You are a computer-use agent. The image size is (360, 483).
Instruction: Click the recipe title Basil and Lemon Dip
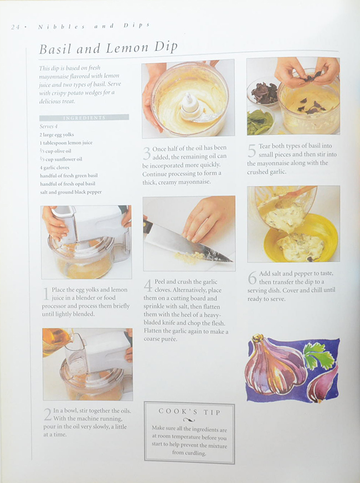109,48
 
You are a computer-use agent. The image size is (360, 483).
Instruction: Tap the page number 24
15,27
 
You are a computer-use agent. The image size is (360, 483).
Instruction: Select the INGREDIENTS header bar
84,117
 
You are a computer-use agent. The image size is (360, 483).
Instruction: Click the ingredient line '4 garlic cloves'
54,168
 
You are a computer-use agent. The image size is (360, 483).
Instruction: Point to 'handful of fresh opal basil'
68,184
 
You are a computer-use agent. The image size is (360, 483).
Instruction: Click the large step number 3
147,153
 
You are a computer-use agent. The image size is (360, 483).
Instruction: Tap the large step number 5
251,151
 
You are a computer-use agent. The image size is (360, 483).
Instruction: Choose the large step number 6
252,278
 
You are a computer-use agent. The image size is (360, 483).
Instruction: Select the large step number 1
46,294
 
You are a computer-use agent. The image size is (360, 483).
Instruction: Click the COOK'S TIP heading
189,412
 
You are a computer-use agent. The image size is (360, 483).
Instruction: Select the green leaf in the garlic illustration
318,355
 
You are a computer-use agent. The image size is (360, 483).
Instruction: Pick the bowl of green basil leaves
260,121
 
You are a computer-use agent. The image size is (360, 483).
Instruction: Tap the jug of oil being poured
56,341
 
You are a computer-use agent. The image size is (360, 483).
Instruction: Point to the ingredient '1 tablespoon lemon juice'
66,143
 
